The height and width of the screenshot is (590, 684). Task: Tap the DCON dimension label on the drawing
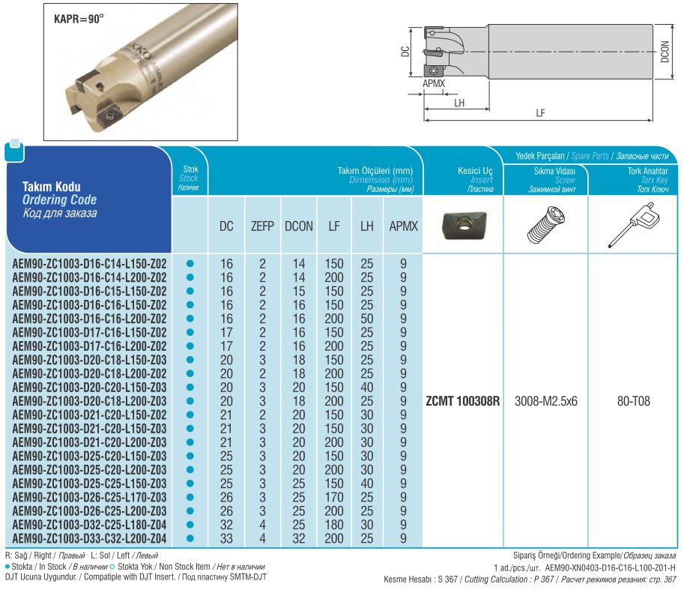(665, 50)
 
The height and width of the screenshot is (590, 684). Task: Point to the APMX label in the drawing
(433, 84)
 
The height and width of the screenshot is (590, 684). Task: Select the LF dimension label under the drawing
(540, 113)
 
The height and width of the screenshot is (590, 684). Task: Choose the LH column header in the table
(366, 225)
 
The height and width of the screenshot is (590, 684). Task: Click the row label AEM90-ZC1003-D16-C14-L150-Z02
(90, 264)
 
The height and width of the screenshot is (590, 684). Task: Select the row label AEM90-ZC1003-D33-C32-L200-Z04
(90, 538)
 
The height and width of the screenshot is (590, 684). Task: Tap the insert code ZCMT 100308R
(462, 401)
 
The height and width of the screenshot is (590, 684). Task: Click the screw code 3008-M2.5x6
(546, 401)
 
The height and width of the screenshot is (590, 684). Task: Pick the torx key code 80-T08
(633, 401)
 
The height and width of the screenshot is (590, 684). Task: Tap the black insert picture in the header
(461, 224)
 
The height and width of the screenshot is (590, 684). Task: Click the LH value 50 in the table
(366, 319)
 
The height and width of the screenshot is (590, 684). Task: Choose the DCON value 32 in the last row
(299, 538)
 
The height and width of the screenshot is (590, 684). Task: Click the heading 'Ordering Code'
(59, 199)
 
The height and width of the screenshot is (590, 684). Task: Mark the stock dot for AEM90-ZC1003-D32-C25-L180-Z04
(190, 524)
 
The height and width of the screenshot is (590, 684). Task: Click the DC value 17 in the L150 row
(226, 332)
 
